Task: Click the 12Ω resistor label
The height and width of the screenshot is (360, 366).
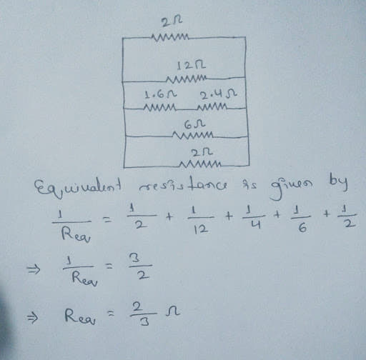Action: click(x=191, y=66)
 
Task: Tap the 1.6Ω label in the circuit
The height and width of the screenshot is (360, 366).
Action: click(x=161, y=95)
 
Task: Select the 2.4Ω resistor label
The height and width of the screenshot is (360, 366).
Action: click(x=218, y=95)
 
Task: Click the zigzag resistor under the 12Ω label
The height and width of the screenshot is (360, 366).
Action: click(x=187, y=79)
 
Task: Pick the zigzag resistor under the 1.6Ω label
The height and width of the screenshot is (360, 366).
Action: click(x=159, y=108)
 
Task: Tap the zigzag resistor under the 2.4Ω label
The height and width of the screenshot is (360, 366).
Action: click(x=212, y=106)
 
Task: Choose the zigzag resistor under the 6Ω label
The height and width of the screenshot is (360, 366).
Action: click(x=193, y=136)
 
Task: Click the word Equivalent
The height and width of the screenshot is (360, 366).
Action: click(x=78, y=187)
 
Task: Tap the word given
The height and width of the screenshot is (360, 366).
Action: click(x=291, y=188)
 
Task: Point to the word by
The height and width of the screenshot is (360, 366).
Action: click(x=338, y=185)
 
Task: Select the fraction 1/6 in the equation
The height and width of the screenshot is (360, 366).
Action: click(x=301, y=219)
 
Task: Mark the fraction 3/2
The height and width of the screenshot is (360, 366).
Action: click(x=140, y=266)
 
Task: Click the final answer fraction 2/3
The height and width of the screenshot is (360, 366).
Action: click(x=144, y=314)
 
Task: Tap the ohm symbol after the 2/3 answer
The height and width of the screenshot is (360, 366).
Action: click(x=172, y=312)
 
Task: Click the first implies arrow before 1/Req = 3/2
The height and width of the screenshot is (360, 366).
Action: click(x=33, y=270)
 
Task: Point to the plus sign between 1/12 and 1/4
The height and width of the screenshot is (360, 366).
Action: click(x=228, y=216)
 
